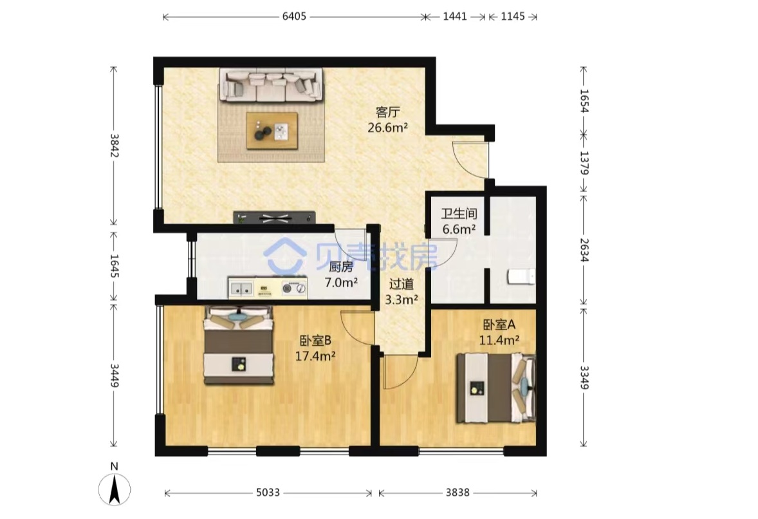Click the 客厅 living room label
pos(388,113)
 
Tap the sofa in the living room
pos(271,84)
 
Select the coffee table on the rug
pos(272,131)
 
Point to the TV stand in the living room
pos(274,218)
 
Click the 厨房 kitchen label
pos(341,267)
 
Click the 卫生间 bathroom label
pos(459,214)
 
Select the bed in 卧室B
pos(238,345)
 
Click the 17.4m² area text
pos(316,357)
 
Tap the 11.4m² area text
pos(499,341)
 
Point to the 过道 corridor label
pos(402,285)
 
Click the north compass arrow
pos(115,489)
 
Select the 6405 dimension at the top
pos(294,17)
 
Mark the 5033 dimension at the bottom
pos(268,493)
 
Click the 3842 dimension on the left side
pos(114,146)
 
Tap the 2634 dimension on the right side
pos(584,250)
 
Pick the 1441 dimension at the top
pos(455,17)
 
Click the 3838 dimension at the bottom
pos(458,493)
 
